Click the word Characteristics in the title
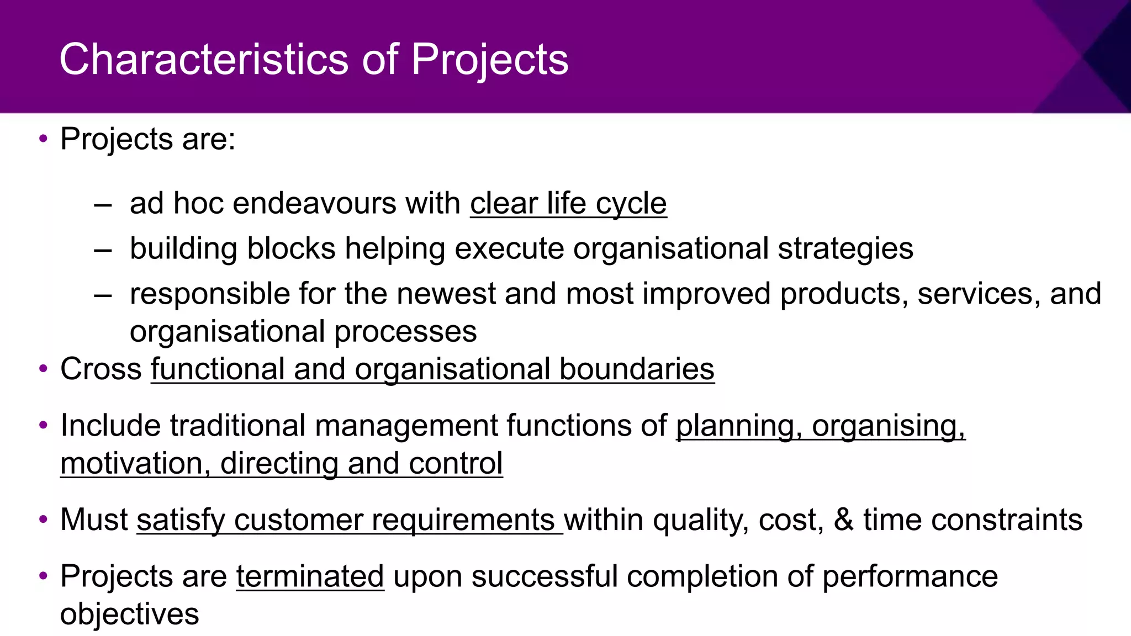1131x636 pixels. point(204,59)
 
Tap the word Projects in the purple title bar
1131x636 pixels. point(490,59)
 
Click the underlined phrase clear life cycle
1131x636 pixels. point(568,203)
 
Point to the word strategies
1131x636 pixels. point(845,248)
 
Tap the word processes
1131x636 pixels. point(405,331)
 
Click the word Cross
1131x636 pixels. point(101,369)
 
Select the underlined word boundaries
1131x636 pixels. point(637,369)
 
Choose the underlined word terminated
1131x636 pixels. point(310,576)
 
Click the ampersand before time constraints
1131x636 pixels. point(843,520)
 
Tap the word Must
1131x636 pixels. point(94,520)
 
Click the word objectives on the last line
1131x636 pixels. point(129,614)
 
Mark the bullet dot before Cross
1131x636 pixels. point(44,369)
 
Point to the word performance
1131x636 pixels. point(910,576)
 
